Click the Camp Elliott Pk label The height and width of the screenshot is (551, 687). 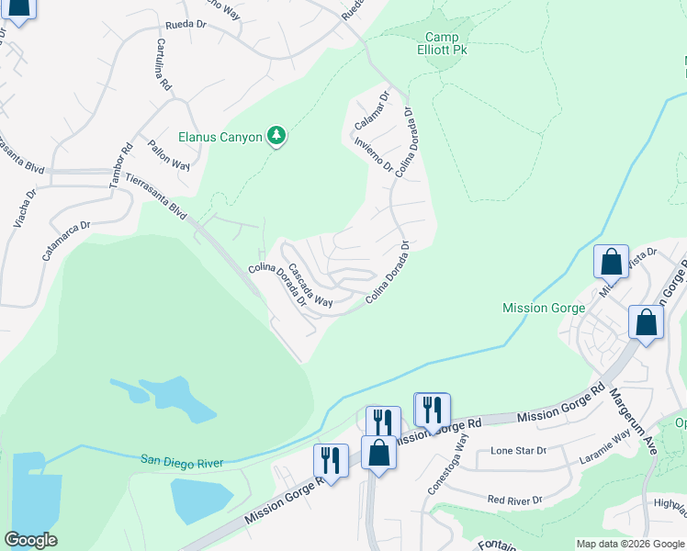point(445,43)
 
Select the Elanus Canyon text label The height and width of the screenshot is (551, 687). point(220,137)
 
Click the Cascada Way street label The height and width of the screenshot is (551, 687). point(310,286)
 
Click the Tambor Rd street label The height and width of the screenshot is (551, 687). point(121,165)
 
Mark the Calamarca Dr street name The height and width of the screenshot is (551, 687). point(65,241)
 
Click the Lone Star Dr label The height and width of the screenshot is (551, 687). point(518,451)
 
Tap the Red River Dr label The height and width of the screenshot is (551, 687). point(514,500)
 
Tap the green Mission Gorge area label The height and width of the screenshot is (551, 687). point(544,309)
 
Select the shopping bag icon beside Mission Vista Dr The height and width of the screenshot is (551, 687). point(612,262)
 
